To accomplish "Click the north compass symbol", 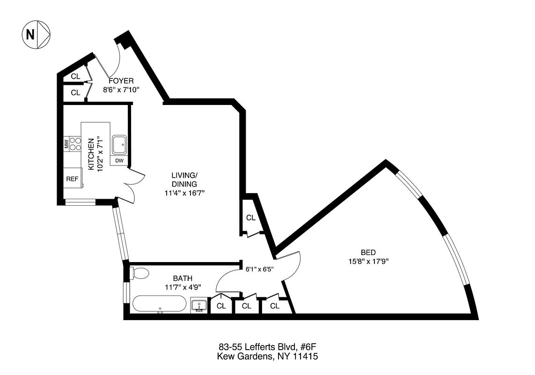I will [x=36, y=34].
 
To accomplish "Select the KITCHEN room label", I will [x=92, y=154].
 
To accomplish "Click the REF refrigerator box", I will [x=72, y=179].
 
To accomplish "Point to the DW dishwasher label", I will [x=119, y=161].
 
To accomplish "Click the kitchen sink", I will [x=119, y=144].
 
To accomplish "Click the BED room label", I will [x=368, y=252].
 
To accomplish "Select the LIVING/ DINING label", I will [x=184, y=180].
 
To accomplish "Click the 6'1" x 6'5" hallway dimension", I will [x=260, y=270].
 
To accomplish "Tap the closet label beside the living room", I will [x=251, y=217].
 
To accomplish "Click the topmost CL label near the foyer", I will [x=75, y=76].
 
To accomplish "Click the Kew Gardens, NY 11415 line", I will [x=268, y=357].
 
